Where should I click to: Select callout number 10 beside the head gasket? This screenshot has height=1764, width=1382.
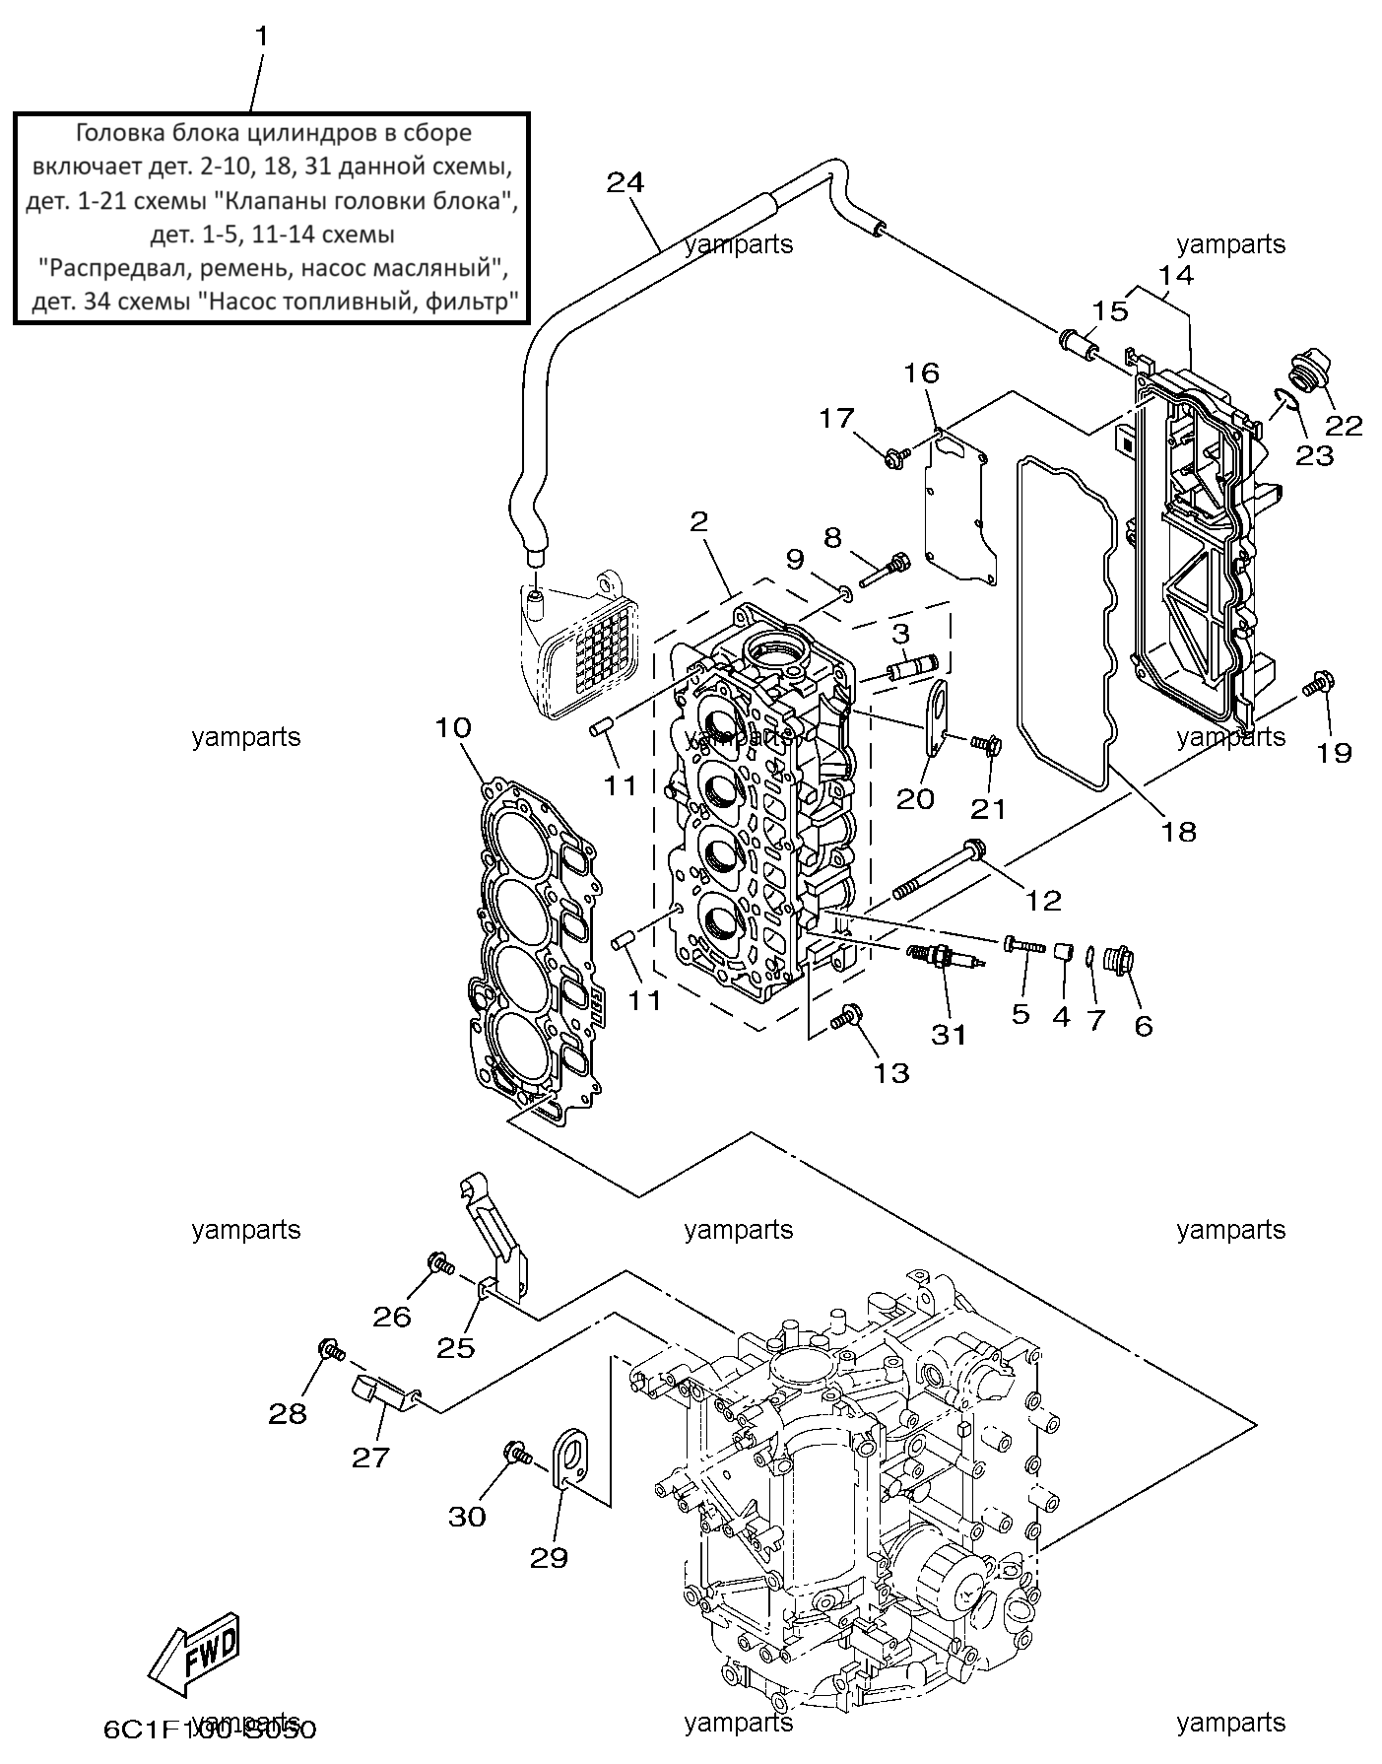[x=453, y=728]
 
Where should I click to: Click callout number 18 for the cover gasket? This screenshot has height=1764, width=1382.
[x=1179, y=831]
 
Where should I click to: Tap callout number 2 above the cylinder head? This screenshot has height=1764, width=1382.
[x=698, y=521]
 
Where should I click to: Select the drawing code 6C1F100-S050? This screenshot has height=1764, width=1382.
[x=209, y=1729]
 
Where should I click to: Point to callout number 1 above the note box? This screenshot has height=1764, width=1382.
[x=261, y=36]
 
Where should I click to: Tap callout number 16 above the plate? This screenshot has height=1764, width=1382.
[x=923, y=373]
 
